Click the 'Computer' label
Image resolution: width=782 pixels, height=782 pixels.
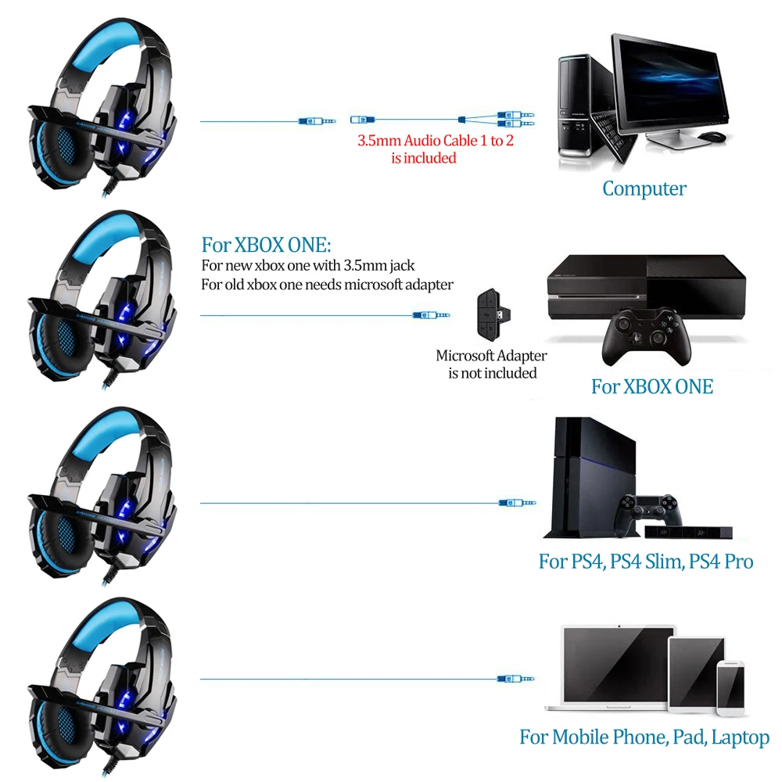(644, 188)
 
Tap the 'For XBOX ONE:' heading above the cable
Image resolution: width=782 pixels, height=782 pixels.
(266, 244)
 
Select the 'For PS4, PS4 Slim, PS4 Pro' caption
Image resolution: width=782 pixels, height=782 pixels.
(646, 561)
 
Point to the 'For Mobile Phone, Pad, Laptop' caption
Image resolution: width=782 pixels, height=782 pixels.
(644, 737)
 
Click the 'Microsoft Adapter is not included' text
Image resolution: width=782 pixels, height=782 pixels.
(492, 364)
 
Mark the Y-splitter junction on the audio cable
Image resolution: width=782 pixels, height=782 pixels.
(463, 120)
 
